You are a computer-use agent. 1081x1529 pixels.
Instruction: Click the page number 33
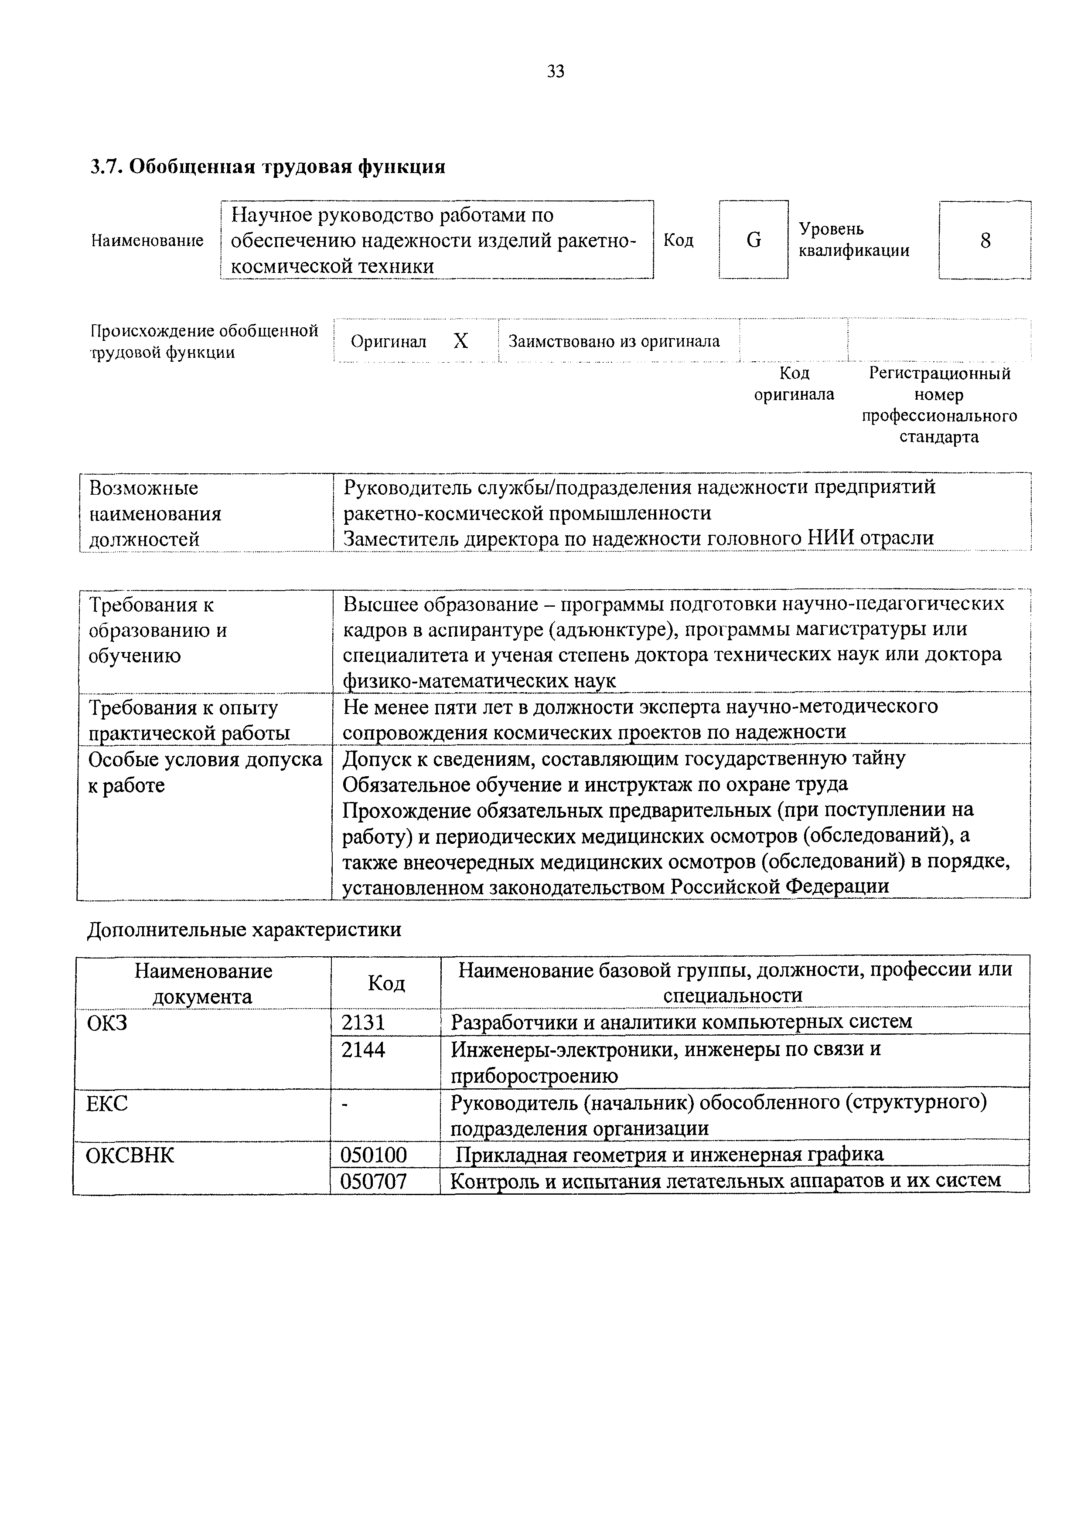coord(555,71)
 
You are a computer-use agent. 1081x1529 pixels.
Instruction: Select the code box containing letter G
coord(754,240)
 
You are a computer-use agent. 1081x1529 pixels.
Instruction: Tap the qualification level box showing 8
coord(985,240)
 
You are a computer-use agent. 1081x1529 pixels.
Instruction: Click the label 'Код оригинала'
coord(794,384)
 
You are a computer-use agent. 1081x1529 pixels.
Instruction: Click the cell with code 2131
coord(364,1022)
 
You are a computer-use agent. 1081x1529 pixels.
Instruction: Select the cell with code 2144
coord(364,1050)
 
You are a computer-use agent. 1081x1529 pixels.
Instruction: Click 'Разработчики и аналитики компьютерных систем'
coord(681,1022)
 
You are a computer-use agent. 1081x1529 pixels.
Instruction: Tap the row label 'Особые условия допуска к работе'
coord(205,772)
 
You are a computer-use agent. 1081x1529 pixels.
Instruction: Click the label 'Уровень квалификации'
coord(854,240)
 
